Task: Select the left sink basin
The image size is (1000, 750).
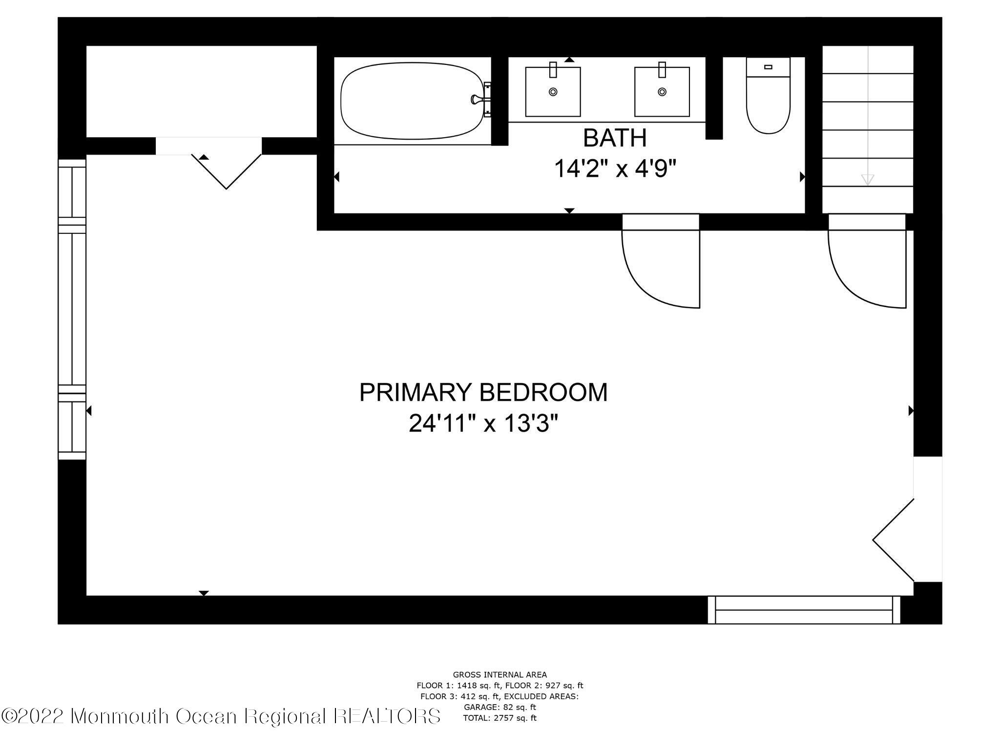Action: coord(553,93)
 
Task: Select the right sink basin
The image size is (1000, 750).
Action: coord(662,93)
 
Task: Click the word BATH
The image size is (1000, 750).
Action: coord(615,138)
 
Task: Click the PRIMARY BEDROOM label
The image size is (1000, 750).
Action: coord(483,393)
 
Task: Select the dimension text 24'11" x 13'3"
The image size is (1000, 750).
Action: coord(483,423)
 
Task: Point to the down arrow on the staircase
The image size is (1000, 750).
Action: coord(867,179)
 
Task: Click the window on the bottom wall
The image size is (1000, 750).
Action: coord(804,610)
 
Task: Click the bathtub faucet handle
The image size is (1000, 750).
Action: coord(476,100)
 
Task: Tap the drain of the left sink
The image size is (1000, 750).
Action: coord(553,91)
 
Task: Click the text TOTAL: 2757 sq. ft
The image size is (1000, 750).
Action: coord(500,718)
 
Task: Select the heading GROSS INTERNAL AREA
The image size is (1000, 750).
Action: coord(500,675)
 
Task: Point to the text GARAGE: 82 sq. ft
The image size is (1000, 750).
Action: coord(500,707)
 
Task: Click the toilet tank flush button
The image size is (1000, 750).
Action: coord(768,67)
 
